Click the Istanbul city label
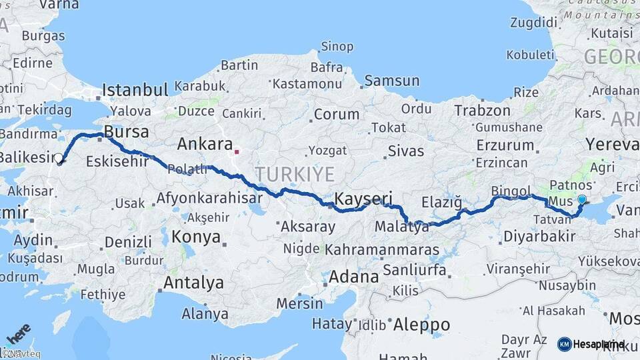pos(135,90)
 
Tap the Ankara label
pos(205,144)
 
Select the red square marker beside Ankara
pos(237,151)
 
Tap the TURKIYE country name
pos(295,174)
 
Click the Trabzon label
pos(483,110)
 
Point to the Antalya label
pos(193,283)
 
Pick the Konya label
pos(196,237)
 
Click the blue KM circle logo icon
pos(564,344)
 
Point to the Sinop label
pos(337,46)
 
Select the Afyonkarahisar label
pos(207,197)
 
